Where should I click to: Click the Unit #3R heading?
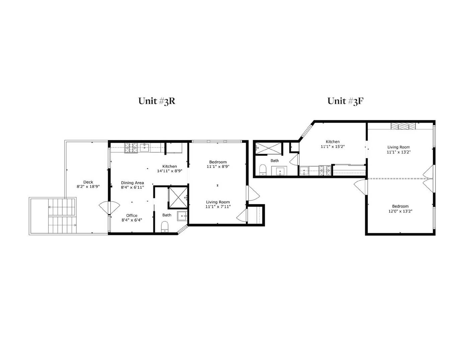click(x=157, y=101)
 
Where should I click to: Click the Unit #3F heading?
click(x=345, y=101)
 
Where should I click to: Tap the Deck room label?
click(x=88, y=182)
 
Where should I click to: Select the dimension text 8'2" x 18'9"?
click(x=88, y=187)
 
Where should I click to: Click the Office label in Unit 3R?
click(x=132, y=216)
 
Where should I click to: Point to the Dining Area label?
click(x=132, y=183)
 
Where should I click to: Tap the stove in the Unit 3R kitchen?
click(x=131, y=147)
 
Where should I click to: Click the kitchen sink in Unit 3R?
click(x=145, y=147)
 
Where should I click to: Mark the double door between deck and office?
click(x=109, y=208)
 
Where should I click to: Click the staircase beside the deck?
click(x=62, y=216)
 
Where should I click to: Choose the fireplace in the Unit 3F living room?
click(x=403, y=126)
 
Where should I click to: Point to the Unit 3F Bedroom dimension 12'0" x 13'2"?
click(x=400, y=211)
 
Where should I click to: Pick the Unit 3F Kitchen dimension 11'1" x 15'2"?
click(x=332, y=146)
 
